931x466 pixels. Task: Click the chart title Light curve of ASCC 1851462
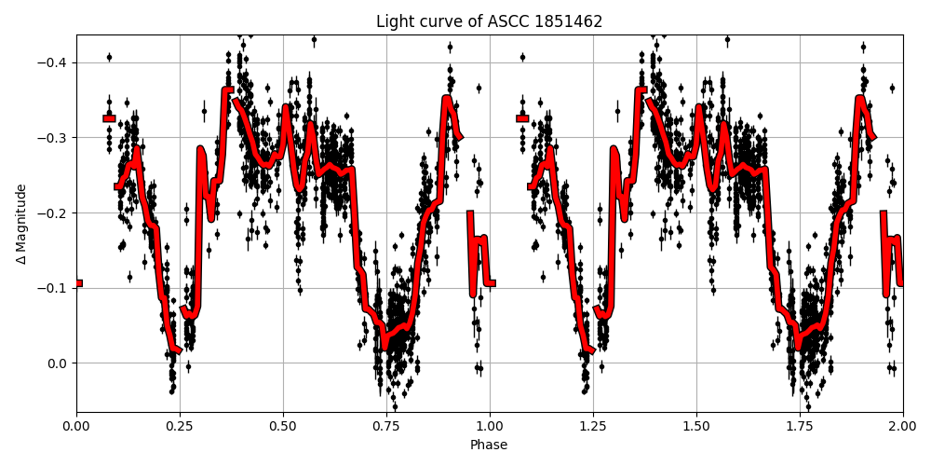coord(489,21)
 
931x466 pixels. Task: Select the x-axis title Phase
coord(489,445)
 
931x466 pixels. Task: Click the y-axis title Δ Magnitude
coord(21,224)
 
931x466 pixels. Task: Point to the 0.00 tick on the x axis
coord(76,427)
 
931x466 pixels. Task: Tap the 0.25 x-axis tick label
coord(180,427)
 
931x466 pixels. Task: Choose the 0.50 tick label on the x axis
coord(283,427)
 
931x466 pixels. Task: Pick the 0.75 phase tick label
coord(386,427)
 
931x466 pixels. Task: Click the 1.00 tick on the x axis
coord(490,427)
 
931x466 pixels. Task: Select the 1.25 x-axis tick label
coord(593,427)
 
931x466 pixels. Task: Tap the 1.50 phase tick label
coord(696,427)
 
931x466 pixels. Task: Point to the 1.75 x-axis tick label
coord(800,427)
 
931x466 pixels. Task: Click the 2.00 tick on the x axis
coord(902,427)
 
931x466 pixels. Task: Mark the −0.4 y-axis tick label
coord(55,62)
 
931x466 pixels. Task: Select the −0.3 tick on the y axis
coord(55,138)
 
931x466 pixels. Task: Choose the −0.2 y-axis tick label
coord(55,213)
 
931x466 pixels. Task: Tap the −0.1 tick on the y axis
coord(55,288)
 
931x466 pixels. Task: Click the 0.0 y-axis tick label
coord(59,363)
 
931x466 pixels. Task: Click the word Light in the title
coord(394,21)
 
